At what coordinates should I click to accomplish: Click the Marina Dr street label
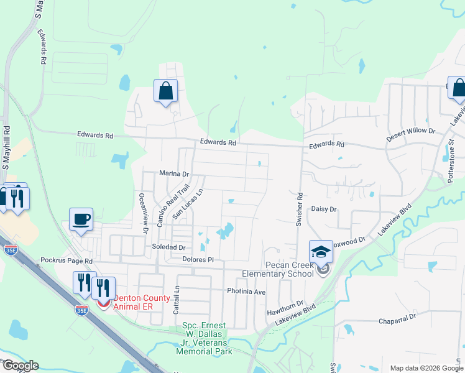pyautogui.click(x=173, y=174)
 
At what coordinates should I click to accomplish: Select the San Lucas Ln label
pyautogui.click(x=188, y=205)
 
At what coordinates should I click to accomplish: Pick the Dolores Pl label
pyautogui.click(x=198, y=259)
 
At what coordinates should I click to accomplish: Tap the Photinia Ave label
pyautogui.click(x=246, y=291)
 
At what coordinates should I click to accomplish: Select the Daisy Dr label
pyautogui.click(x=323, y=210)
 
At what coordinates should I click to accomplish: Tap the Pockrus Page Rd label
pyautogui.click(x=66, y=261)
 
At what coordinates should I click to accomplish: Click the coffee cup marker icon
pyautogui.click(x=81, y=219)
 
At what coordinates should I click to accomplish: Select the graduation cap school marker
pyautogui.click(x=321, y=252)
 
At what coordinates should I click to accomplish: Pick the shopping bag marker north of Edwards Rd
pyautogui.click(x=165, y=91)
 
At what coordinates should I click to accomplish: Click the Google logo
pyautogui.click(x=20, y=366)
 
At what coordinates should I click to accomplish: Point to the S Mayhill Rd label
pyautogui.click(x=6, y=148)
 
